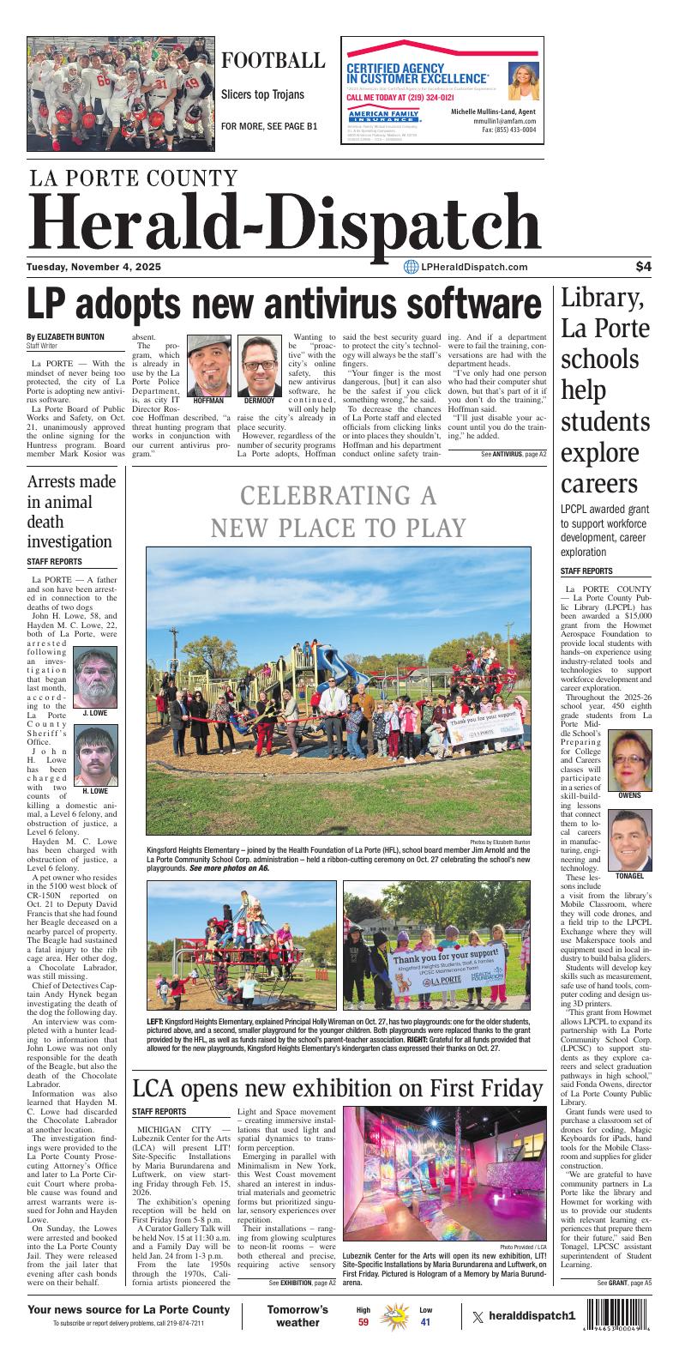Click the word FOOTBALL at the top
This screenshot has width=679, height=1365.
273,61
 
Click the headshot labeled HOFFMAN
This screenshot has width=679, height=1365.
208,365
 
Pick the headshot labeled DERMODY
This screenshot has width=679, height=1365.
259,365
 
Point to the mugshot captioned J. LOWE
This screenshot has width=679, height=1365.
95,677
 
